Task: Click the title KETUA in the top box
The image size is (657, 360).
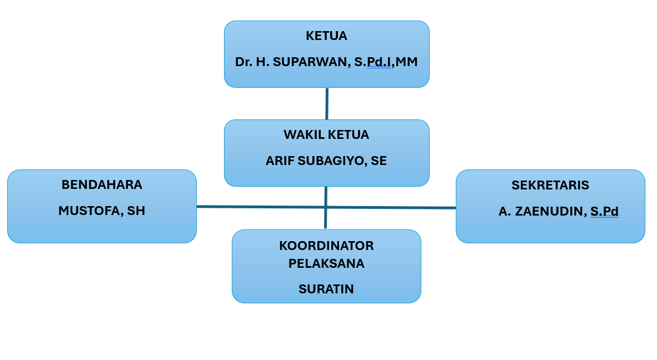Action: coord(326,36)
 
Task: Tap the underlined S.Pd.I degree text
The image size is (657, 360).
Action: coord(372,62)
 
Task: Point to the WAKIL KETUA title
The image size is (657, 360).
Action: coord(326,135)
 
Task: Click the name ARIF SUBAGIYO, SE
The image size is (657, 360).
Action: coord(326,161)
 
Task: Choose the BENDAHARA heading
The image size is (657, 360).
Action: coord(102,185)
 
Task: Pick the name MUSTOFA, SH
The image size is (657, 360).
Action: coord(102,211)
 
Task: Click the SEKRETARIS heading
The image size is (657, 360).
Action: coord(550,186)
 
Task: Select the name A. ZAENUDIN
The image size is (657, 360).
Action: coord(542,212)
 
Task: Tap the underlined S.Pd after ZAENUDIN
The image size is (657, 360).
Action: coord(604,212)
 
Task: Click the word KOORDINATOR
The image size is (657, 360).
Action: coord(326,246)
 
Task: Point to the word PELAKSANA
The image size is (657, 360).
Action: coord(326,264)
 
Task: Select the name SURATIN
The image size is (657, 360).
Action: coord(326,289)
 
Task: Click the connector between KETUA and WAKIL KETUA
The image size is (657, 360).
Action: coord(327,103)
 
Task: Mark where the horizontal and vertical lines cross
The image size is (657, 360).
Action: coord(326,207)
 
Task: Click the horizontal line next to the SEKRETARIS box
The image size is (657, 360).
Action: coord(439,208)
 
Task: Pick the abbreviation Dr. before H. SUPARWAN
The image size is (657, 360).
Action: coord(243,62)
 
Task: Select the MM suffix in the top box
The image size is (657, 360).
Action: coord(406,62)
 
